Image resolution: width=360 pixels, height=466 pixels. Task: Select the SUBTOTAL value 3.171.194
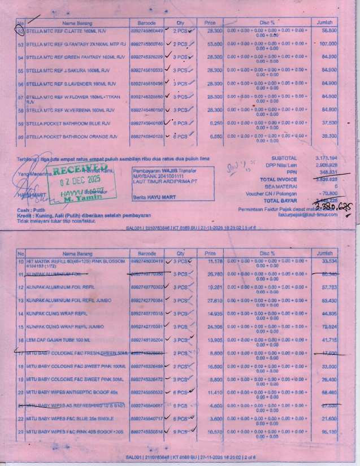[326, 158]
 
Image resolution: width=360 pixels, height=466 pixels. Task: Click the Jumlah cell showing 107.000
[328, 44]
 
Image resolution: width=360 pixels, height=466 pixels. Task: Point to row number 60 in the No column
[20, 137]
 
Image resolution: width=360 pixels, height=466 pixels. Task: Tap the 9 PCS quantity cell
[180, 432]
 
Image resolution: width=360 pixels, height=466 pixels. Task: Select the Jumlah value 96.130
[328, 432]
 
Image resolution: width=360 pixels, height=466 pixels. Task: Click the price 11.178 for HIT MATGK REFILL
[215, 262]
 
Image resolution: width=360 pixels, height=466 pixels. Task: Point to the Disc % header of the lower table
[267, 254]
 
